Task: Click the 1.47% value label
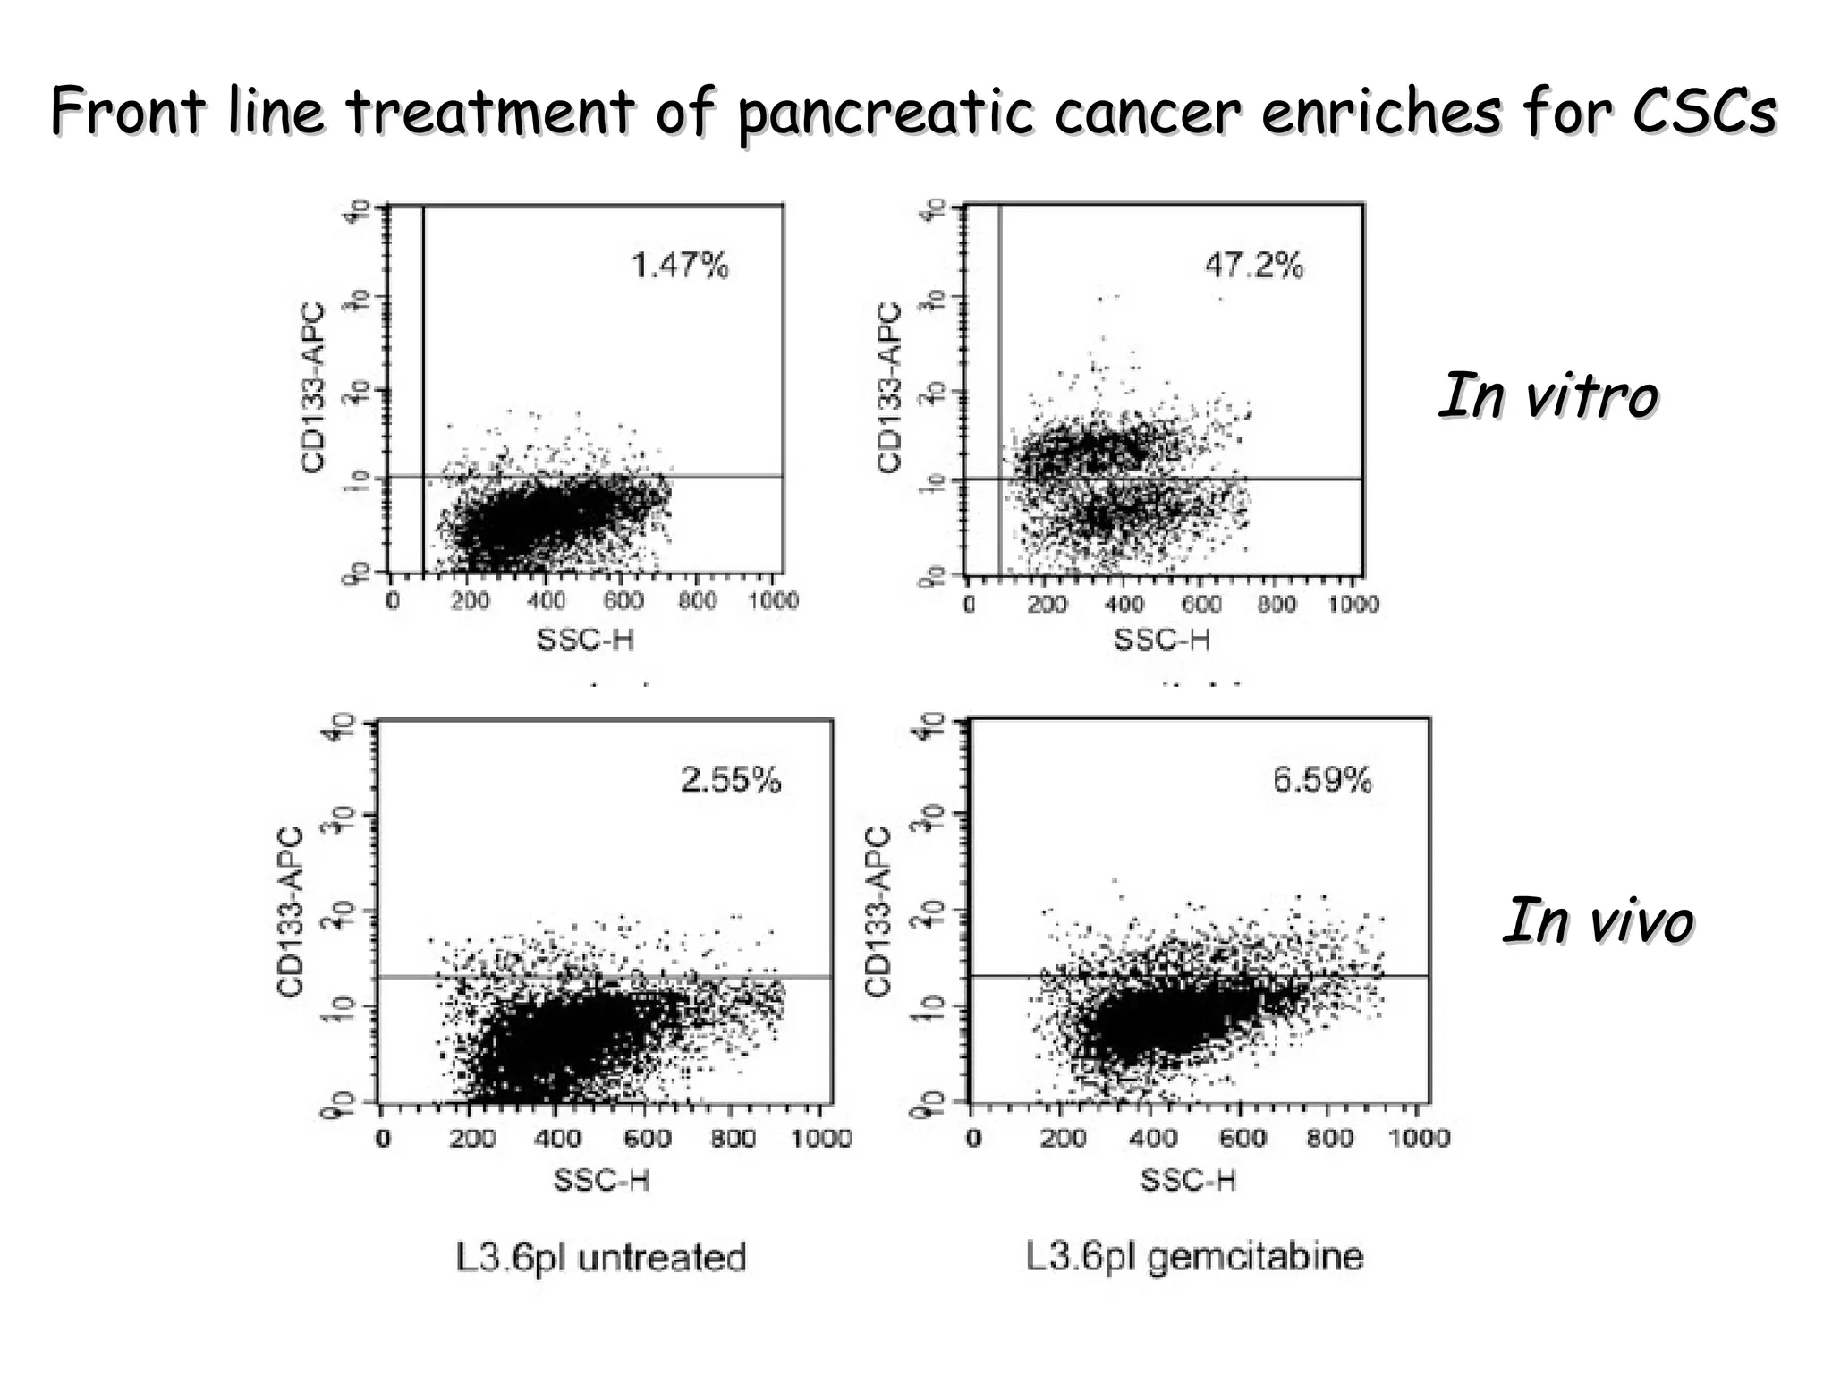(x=680, y=266)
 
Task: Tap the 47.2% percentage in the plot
(x=1254, y=266)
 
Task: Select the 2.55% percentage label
(x=731, y=781)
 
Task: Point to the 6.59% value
(x=1322, y=781)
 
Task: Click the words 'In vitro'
(x=1548, y=395)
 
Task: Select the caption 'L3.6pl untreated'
(x=601, y=1258)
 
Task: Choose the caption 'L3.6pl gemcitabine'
(x=1194, y=1257)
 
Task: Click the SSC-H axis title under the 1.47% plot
(x=585, y=640)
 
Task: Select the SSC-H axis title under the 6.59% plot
(x=1188, y=1180)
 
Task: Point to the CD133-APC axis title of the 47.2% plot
(x=889, y=386)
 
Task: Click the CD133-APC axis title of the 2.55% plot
(x=291, y=910)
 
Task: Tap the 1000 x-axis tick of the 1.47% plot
(x=773, y=600)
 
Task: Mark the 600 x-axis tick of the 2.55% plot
(x=647, y=1139)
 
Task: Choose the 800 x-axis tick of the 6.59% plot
(x=1330, y=1138)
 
